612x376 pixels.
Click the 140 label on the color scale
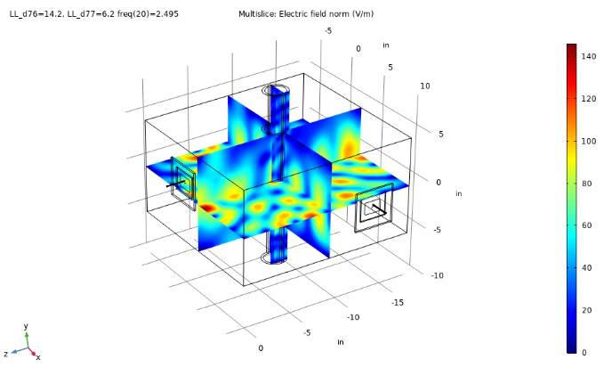589,56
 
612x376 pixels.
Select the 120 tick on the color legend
589,99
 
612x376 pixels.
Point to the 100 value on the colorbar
589,141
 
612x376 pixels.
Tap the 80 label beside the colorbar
586,184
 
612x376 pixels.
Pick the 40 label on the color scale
586,267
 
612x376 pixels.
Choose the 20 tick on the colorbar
586,310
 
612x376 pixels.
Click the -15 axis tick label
398,303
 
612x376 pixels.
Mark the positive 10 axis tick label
425,86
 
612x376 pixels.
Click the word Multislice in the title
258,14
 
